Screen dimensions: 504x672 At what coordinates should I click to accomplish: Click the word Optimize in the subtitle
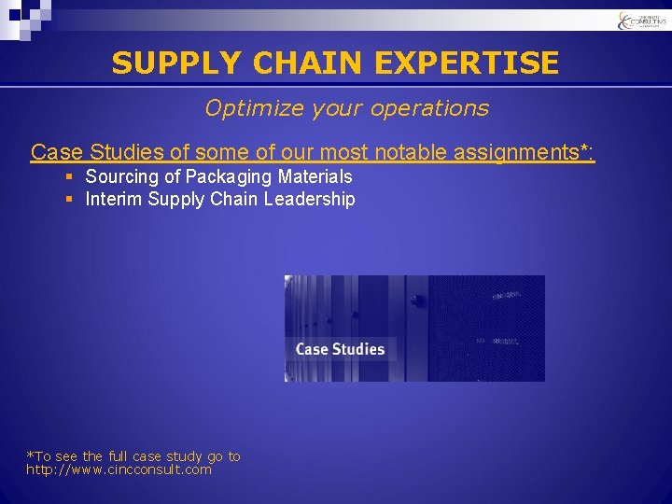247,108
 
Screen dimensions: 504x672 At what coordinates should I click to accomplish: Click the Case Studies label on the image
340,349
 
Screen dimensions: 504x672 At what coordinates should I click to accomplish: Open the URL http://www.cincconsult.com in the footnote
119,469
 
